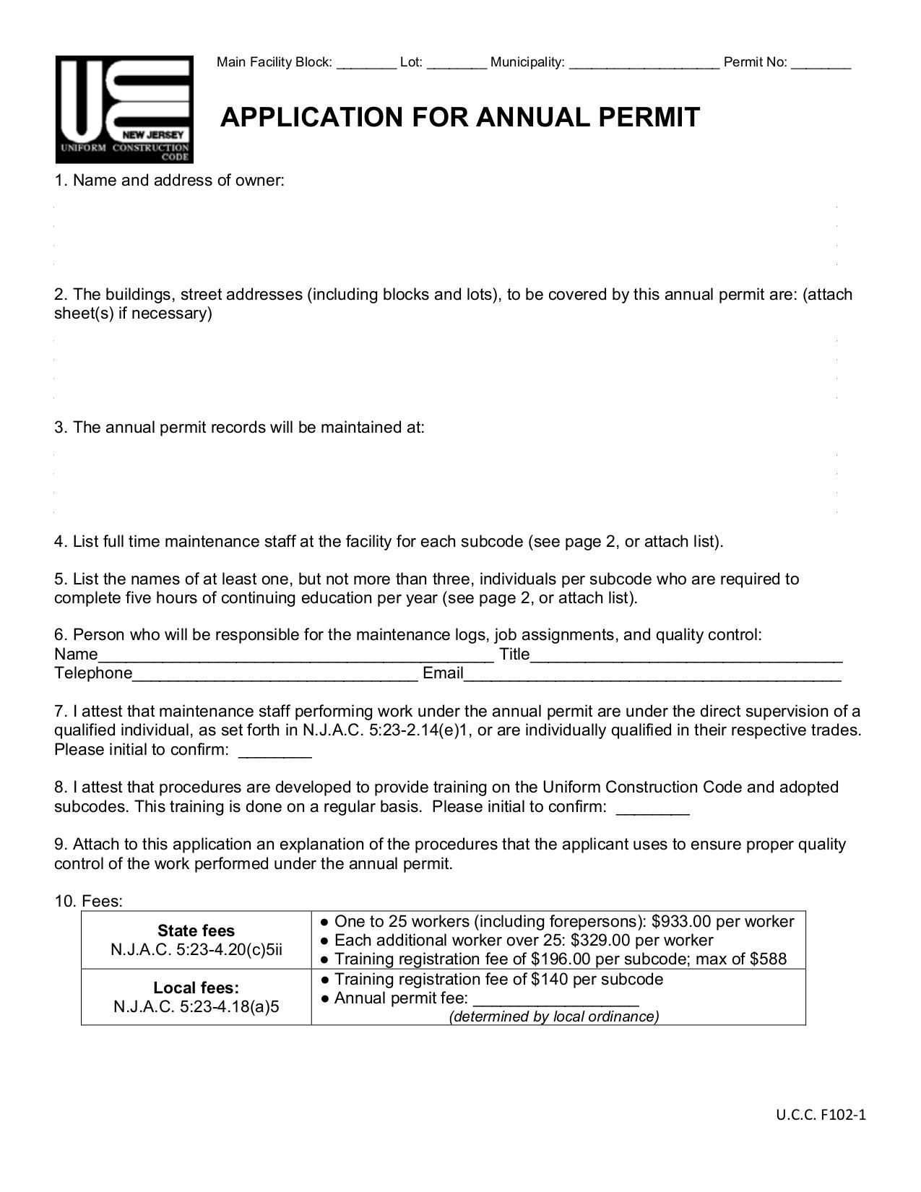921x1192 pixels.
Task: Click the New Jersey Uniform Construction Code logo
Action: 124,109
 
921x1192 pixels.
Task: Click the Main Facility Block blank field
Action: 366,64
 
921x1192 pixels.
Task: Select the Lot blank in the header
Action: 457,64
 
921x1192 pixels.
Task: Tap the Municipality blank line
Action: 644,64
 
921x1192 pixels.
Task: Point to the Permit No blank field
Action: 821,64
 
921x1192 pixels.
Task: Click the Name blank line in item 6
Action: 296,657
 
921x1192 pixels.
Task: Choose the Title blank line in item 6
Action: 686,657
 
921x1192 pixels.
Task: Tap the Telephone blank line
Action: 275,675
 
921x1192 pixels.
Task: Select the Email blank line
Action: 652,675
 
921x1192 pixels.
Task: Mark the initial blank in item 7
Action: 274,751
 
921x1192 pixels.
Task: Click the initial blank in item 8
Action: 653,808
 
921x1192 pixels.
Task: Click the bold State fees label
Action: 196,930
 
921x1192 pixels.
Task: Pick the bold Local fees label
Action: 196,988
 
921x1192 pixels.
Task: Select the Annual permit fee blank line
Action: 555,1001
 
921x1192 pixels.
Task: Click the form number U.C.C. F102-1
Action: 821,1115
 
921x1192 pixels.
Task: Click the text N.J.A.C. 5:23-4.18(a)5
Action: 196,1006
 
